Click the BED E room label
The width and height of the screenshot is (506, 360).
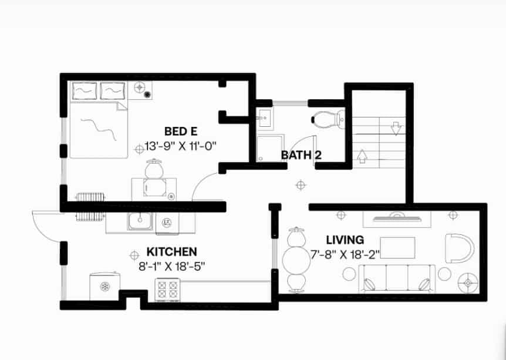point(181,132)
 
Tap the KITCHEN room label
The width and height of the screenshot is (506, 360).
point(171,252)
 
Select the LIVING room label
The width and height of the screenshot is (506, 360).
point(345,240)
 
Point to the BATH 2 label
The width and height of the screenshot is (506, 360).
point(301,155)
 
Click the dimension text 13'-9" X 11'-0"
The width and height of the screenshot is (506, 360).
point(180,146)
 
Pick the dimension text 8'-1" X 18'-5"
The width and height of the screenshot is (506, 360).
point(172,267)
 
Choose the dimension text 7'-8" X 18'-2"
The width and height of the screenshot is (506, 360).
point(345,255)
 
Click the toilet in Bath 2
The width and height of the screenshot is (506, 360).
point(329,119)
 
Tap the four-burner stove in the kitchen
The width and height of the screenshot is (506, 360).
point(167,290)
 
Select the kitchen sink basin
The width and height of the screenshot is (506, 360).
point(140,221)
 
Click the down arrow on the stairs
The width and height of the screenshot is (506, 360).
point(396,129)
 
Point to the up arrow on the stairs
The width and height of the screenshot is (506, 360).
point(362,156)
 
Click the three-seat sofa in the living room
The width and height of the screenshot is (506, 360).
point(397,278)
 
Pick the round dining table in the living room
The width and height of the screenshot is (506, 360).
point(296,260)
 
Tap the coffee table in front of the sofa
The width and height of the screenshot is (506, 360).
point(397,248)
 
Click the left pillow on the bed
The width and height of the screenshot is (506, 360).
point(85,90)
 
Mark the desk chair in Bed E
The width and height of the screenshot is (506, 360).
point(154,169)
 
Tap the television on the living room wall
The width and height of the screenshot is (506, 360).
point(397,217)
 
